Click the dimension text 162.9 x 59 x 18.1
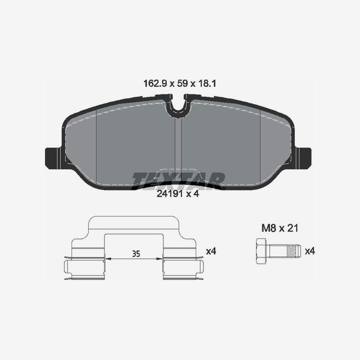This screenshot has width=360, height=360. (x=180, y=83)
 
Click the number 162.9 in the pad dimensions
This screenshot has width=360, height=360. (x=152, y=83)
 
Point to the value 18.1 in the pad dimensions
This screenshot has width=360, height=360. (x=208, y=83)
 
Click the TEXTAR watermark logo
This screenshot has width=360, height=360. (x=178, y=180)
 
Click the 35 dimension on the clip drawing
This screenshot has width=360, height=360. (x=134, y=254)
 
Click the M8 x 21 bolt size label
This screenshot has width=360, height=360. (x=280, y=229)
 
